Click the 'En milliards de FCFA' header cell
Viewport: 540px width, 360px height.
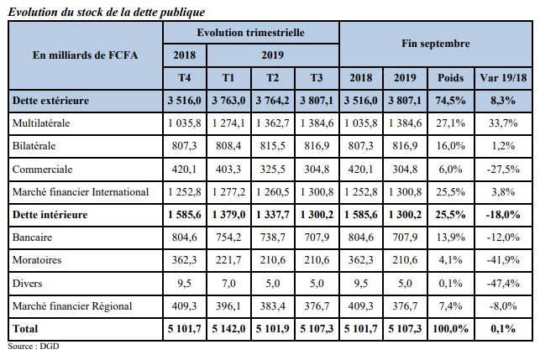pyautogui.click(x=86, y=55)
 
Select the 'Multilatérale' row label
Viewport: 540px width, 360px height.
pyautogui.click(x=42, y=123)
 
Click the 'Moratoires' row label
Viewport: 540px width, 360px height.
pyautogui.click(x=37, y=261)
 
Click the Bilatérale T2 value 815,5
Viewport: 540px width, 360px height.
pyautogui.click(x=273, y=146)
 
